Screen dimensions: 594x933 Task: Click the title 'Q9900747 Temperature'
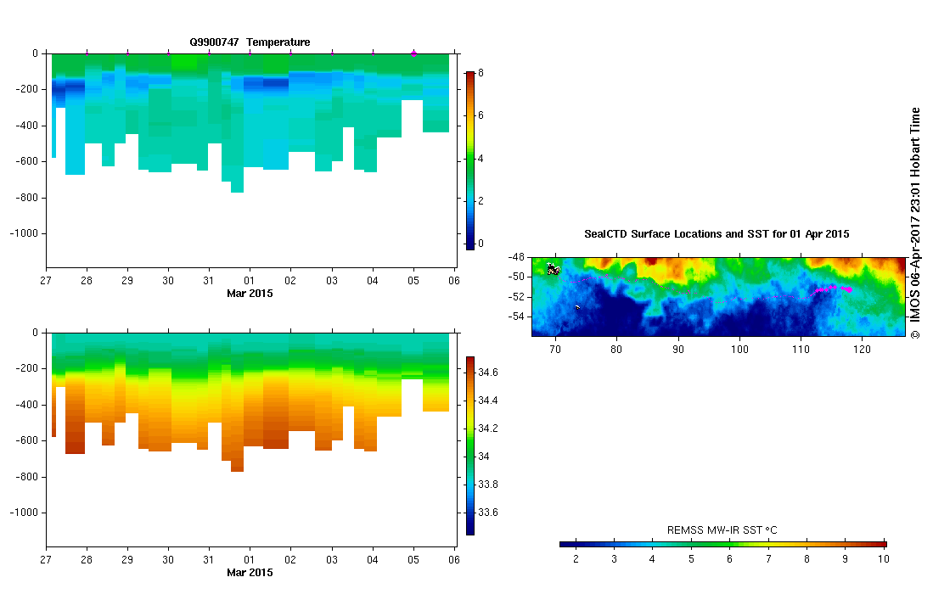click(x=250, y=42)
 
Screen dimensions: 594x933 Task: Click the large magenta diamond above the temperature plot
click(x=413, y=53)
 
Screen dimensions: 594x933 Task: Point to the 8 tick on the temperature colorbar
click(x=481, y=73)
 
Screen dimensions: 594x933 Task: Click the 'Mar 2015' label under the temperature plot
click(x=250, y=294)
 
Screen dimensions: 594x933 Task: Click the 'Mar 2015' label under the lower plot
click(x=250, y=573)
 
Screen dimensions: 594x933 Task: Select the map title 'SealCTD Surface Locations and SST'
click(x=717, y=233)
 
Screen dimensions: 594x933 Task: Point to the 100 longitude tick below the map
click(x=739, y=348)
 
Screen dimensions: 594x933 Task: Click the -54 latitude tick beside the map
click(x=518, y=317)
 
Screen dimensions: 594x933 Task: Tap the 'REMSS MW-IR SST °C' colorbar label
click(x=722, y=530)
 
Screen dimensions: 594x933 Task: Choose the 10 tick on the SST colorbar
click(x=883, y=559)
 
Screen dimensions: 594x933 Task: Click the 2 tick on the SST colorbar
click(x=576, y=559)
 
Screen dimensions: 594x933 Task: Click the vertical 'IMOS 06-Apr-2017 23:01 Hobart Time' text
click(x=915, y=222)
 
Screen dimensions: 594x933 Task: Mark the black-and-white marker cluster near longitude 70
click(x=554, y=270)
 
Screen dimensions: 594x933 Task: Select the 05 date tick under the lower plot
click(x=413, y=560)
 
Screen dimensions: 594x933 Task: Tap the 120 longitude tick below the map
click(x=863, y=348)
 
